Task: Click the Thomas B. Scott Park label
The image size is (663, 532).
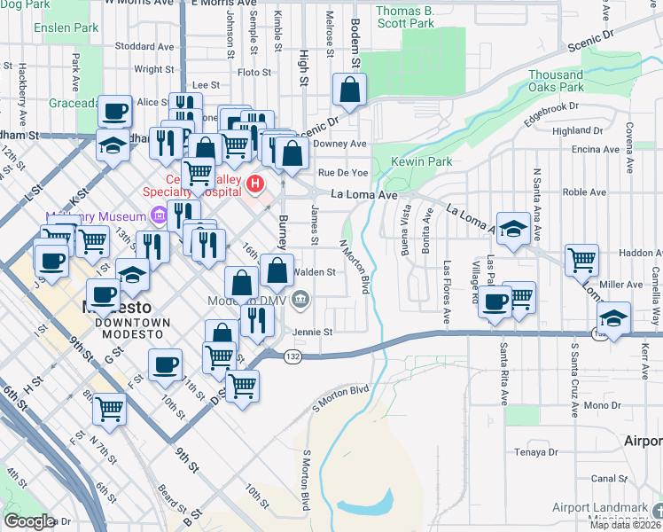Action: pyautogui.click(x=405, y=17)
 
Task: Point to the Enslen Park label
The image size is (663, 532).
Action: pyautogui.click(x=66, y=27)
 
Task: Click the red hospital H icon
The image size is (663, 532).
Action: pyautogui.click(x=255, y=184)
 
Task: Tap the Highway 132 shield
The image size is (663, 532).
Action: pyautogui.click(x=292, y=356)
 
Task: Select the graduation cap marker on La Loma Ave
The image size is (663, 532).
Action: pyautogui.click(x=513, y=229)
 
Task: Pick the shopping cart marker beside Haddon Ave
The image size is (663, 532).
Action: pyautogui.click(x=581, y=260)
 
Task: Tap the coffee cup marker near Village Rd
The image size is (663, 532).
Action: pyautogui.click(x=495, y=301)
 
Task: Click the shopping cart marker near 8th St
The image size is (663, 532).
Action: pyautogui.click(x=110, y=409)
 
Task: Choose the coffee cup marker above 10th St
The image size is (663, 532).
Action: pyautogui.click(x=164, y=364)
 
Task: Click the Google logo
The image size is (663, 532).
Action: pyautogui.click(x=29, y=520)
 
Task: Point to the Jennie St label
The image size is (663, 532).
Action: pyautogui.click(x=314, y=332)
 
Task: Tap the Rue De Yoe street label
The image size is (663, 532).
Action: pyautogui.click(x=342, y=172)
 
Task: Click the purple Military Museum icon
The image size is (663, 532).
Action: pyautogui.click(x=158, y=215)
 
